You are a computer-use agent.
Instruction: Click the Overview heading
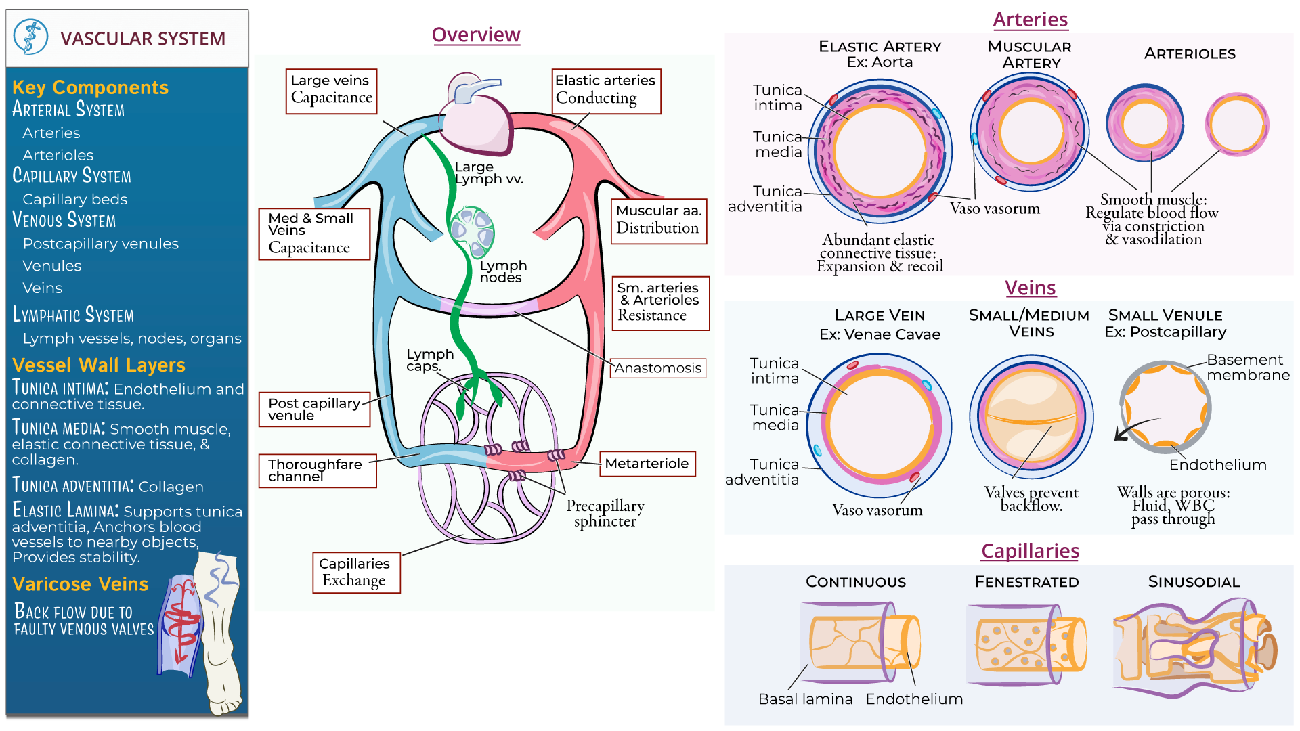click(x=475, y=35)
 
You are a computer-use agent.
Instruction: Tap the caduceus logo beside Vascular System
click(x=31, y=37)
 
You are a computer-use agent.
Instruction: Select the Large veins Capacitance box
click(x=331, y=91)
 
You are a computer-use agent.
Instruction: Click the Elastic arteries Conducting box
click(x=605, y=91)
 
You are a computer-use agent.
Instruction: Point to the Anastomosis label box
click(x=657, y=368)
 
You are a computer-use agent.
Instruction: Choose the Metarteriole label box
click(x=647, y=464)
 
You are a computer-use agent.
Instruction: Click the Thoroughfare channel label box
click(x=317, y=470)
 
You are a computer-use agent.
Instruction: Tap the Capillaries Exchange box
click(x=355, y=573)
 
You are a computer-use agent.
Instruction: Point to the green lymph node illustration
click(x=473, y=230)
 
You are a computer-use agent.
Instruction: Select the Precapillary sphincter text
click(x=605, y=514)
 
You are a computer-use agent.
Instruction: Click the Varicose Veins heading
click(x=80, y=584)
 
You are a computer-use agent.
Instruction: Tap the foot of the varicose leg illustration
click(x=224, y=697)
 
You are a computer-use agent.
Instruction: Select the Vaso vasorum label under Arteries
click(x=994, y=208)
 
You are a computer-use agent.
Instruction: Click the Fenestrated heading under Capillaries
click(x=1026, y=582)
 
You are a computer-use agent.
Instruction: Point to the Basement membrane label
click(x=1247, y=368)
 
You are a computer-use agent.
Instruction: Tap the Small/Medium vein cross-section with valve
click(x=1031, y=416)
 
